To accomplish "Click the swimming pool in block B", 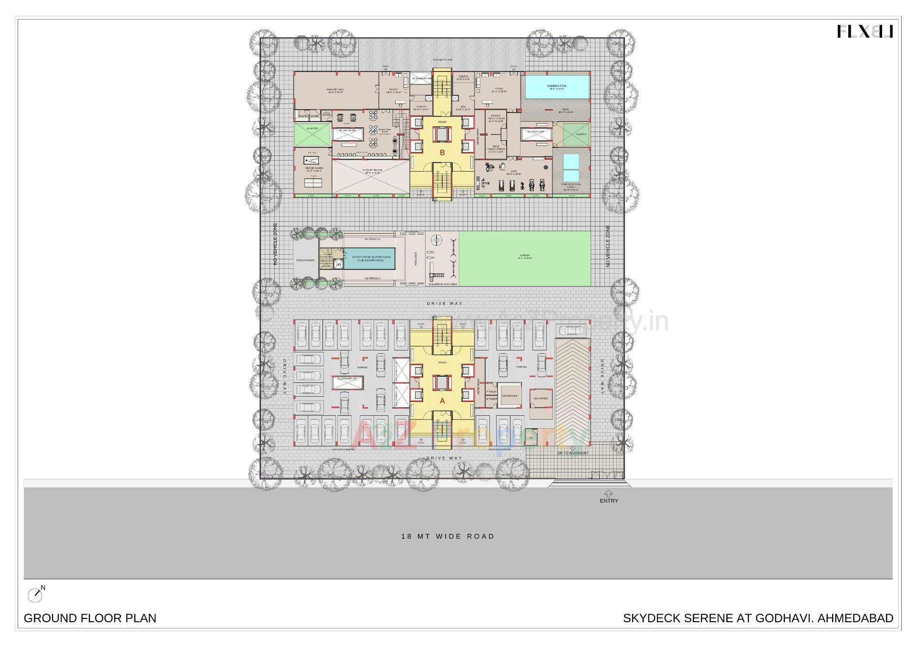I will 556,87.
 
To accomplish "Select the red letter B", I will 442,153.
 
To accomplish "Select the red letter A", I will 442,401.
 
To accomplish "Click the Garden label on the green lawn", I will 525,257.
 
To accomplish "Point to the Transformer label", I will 305,260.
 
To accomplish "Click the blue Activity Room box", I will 369,258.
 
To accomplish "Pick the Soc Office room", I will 541,398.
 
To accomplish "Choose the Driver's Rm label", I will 510,396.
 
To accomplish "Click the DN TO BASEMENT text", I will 572,453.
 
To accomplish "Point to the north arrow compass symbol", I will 35,594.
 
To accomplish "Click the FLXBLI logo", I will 865,32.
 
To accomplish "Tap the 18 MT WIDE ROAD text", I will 448,536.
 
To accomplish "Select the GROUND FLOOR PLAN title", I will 90,618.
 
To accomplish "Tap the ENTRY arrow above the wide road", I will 609,494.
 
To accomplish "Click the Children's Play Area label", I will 443,284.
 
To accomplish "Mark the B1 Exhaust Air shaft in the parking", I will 347,379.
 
